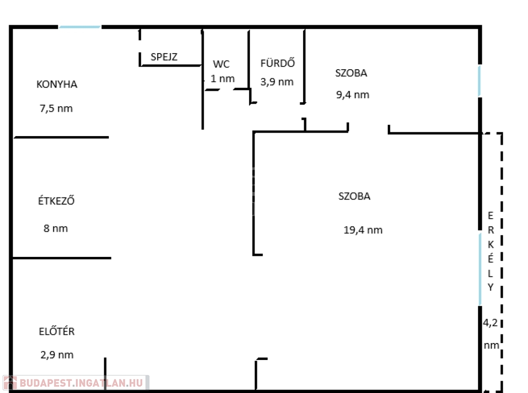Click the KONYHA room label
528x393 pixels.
[x=57, y=84]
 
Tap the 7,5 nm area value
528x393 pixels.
[x=56, y=109]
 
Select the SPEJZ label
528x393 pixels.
[x=164, y=57]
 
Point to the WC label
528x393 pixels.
[x=221, y=64]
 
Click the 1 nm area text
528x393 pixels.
[x=222, y=79]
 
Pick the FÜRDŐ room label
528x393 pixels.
[x=277, y=63]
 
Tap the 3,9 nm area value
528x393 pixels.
[x=277, y=81]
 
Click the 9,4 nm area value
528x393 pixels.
[x=352, y=95]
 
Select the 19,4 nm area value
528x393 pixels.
[x=363, y=230]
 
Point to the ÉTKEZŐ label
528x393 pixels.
[x=56, y=201]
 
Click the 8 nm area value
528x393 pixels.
[x=56, y=228]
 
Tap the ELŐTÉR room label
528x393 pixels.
[x=57, y=331]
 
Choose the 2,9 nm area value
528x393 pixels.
[x=57, y=355]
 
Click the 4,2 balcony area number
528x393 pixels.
[x=490, y=323]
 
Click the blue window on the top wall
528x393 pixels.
[x=79, y=27]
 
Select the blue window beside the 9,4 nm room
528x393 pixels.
[x=480, y=81]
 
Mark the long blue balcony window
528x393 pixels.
[x=480, y=269]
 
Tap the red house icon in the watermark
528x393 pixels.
[x=10, y=383]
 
